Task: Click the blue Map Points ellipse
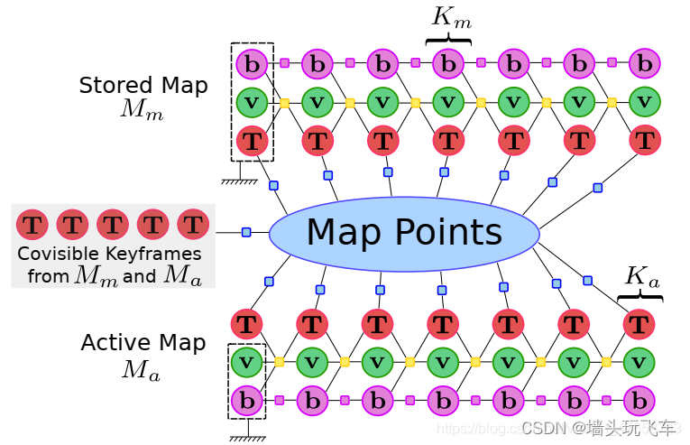pos(404,233)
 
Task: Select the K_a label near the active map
pos(640,276)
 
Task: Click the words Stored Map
pos(143,86)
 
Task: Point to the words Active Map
pos(143,343)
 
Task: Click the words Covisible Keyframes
pos(110,255)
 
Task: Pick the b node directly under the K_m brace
pos(448,64)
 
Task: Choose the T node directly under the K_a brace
pos(639,324)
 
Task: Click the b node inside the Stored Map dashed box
pos(253,64)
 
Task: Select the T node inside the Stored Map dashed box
pos(253,141)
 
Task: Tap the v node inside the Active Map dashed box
pos(246,362)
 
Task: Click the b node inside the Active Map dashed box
pos(246,400)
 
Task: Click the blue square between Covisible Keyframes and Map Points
pos(246,232)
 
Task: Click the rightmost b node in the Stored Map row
pos(644,64)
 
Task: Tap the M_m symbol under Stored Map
pos(142,111)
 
